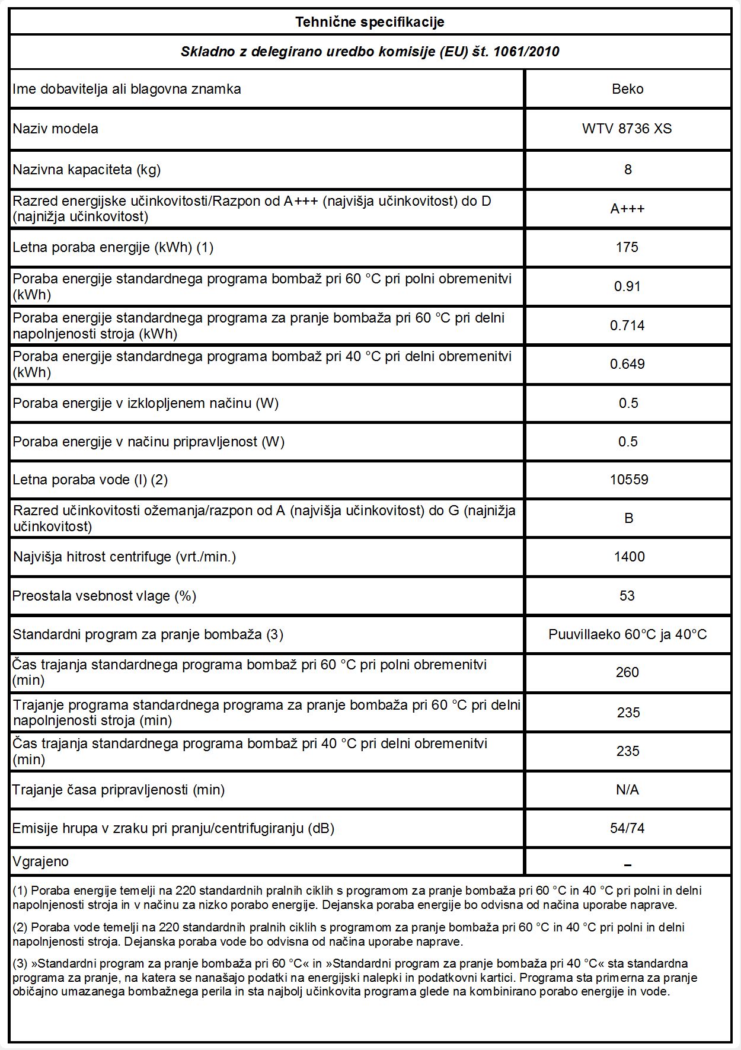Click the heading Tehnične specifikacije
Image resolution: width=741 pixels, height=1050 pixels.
[370, 23]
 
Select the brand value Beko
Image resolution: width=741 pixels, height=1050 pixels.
[627, 89]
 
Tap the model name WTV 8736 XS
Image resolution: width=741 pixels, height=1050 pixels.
[627, 129]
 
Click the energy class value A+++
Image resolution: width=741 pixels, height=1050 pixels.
[627, 209]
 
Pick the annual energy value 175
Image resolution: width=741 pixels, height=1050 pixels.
[627, 247]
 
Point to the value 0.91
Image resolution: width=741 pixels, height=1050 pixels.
[627, 286]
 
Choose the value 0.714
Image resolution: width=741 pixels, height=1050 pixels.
[627, 325]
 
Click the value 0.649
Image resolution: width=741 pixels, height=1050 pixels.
[627, 364]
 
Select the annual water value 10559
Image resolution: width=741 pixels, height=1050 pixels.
[628, 480]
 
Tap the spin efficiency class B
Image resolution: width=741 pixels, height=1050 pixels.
[628, 518]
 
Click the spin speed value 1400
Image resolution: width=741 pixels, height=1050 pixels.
[629, 557]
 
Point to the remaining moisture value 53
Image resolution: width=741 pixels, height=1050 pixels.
[627, 596]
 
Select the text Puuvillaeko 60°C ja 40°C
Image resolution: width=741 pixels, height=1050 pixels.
[627, 634]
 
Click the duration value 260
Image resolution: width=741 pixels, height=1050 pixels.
[627, 672]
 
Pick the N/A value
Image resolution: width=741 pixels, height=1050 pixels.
[627, 790]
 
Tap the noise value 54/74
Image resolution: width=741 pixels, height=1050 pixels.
[627, 828]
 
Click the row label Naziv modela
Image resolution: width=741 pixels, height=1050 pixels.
[56, 129]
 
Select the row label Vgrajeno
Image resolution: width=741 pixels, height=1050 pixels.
[41, 861]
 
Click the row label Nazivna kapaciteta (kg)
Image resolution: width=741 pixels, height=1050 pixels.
[87, 170]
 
